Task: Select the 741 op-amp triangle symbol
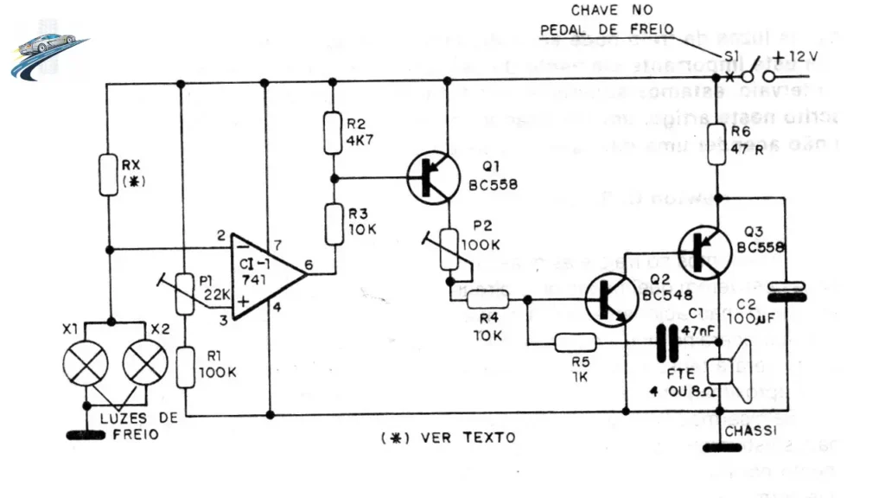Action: [264, 272]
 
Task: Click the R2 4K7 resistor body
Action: [332, 133]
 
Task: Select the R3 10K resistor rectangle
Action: [332, 220]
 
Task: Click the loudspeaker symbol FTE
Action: [728, 369]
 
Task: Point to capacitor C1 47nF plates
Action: [665, 344]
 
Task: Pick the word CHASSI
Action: [750, 430]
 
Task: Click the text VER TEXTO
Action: [467, 437]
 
